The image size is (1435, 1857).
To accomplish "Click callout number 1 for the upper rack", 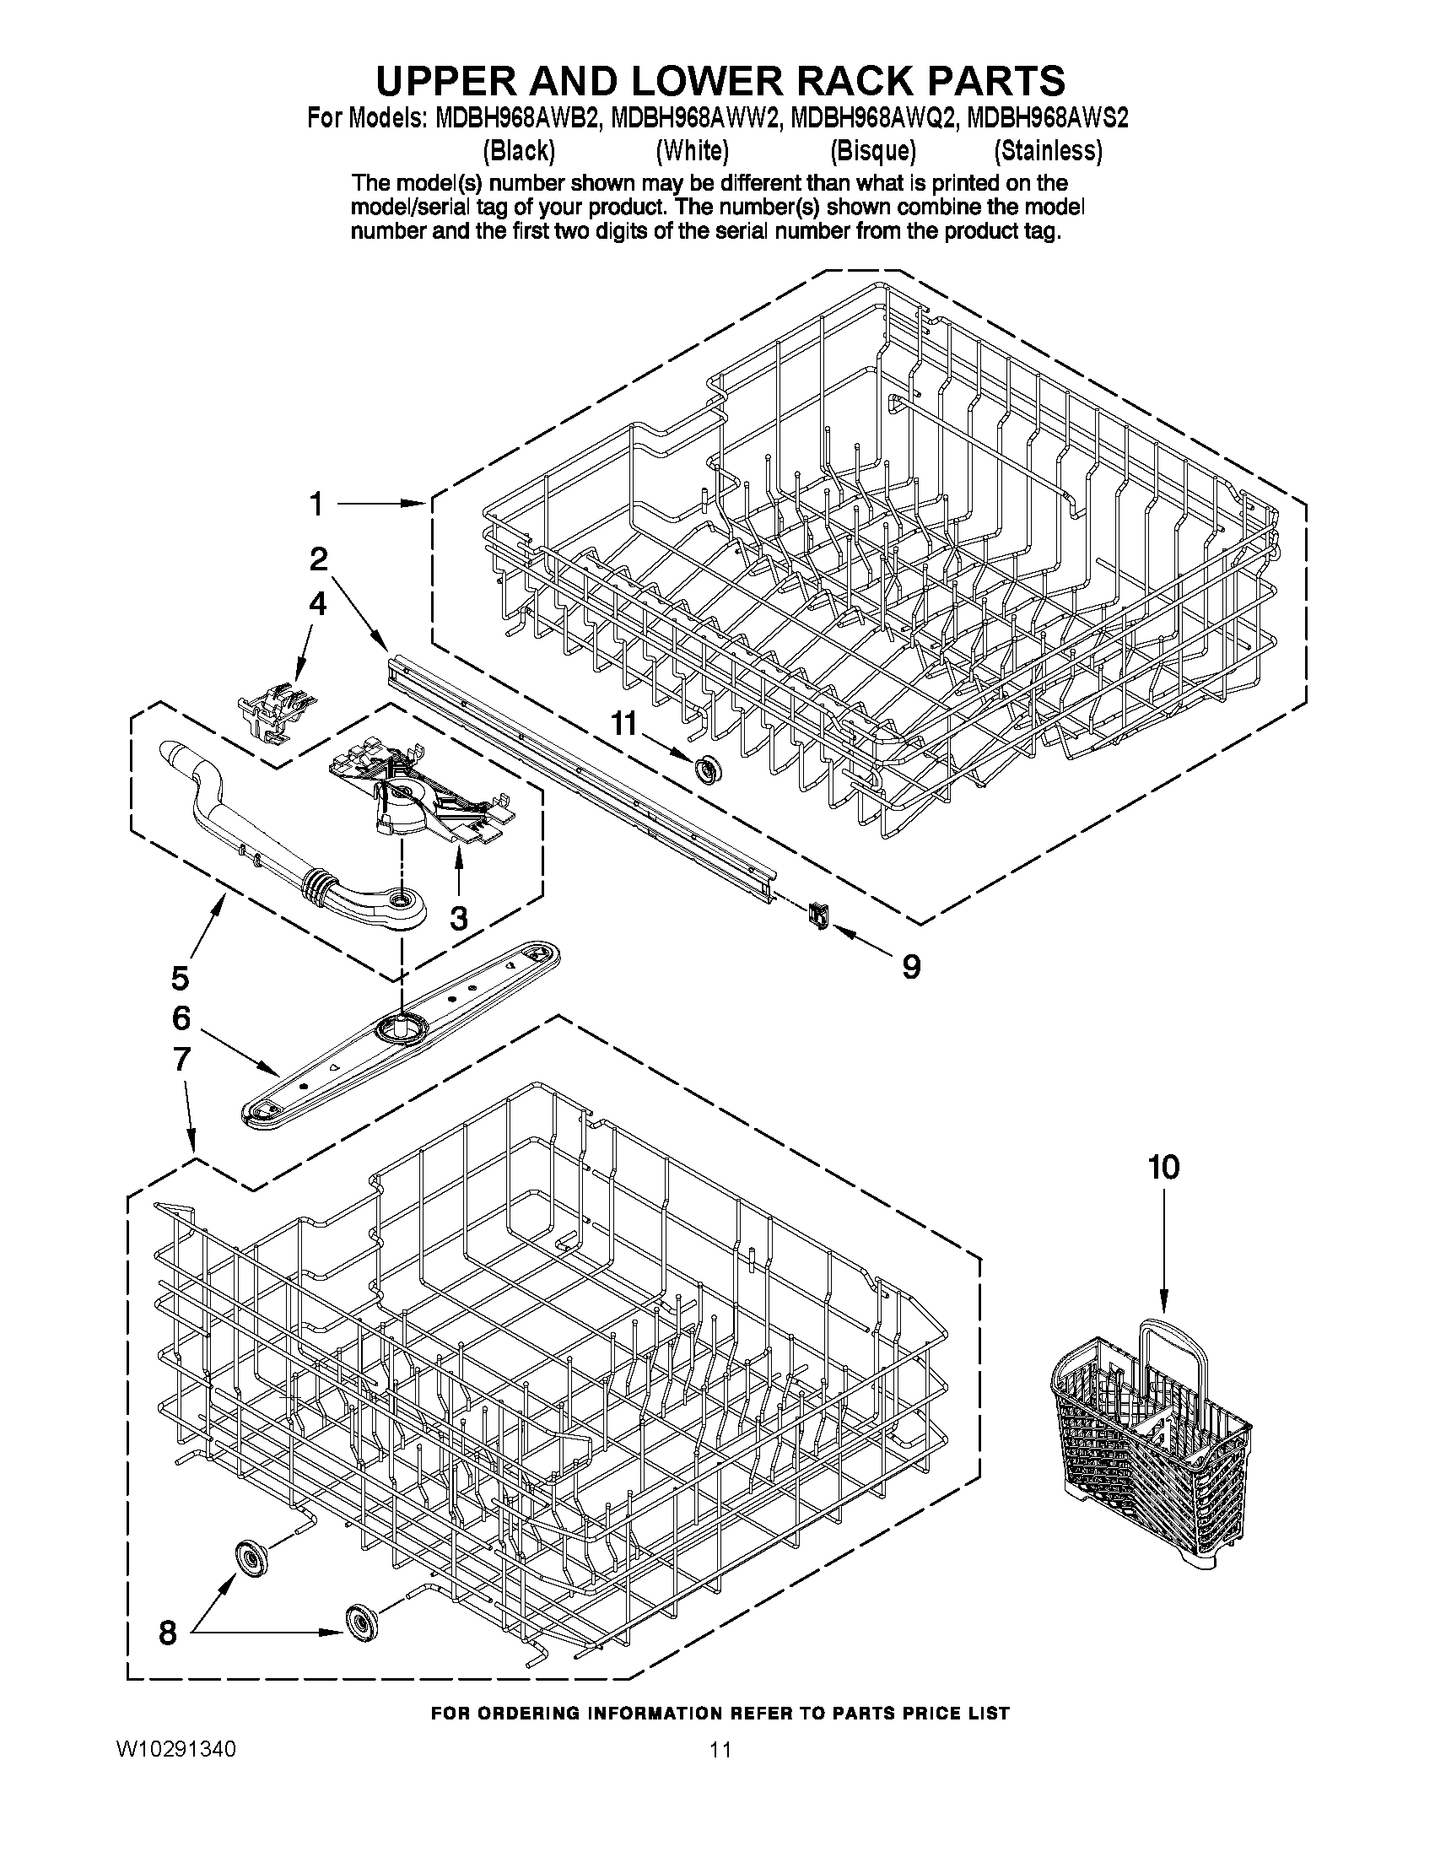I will point(316,505).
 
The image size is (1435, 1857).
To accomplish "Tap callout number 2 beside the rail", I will point(318,559).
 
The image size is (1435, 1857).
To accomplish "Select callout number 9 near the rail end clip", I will point(910,965).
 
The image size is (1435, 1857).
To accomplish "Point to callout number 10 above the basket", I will point(1164,1168).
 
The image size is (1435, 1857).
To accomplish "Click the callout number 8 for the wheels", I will point(168,1632).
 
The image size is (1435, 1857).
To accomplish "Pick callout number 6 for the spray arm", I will point(181,1018).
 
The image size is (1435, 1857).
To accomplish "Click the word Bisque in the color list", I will point(873,151).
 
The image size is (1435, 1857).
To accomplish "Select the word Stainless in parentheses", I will point(1048,151).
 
